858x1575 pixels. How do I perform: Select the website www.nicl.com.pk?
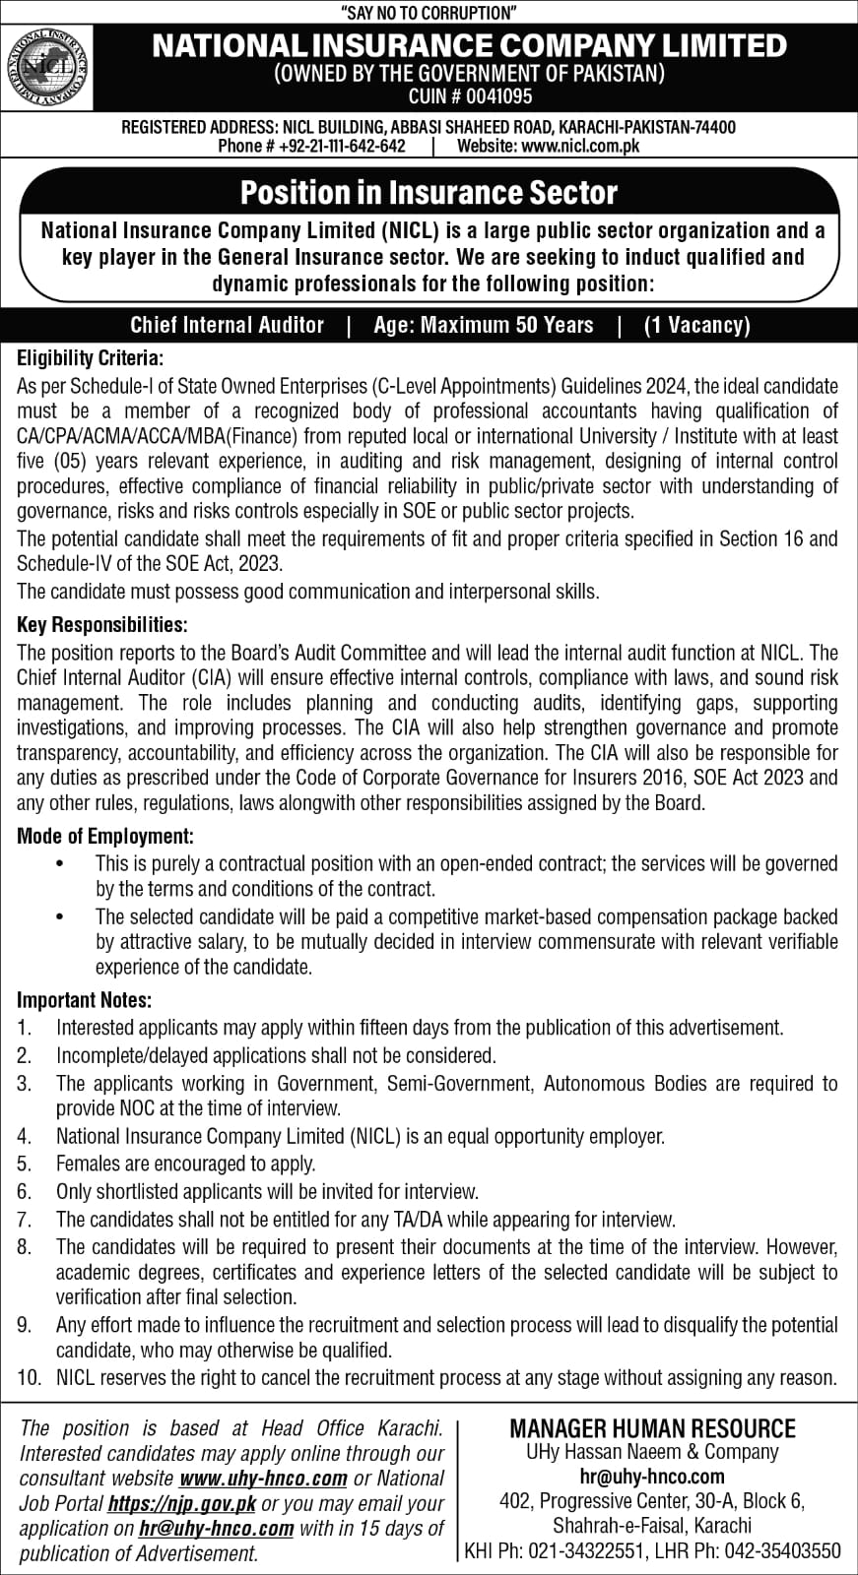[x=580, y=146]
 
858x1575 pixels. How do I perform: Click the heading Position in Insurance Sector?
[x=429, y=192]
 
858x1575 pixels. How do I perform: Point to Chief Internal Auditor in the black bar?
[x=227, y=325]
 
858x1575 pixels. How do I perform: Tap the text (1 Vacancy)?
[x=696, y=325]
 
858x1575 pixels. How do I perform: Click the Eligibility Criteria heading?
[x=91, y=358]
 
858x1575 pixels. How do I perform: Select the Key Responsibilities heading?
[x=101, y=625]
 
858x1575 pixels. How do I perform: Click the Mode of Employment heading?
[x=105, y=837]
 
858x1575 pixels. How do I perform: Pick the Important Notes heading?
[x=85, y=1001]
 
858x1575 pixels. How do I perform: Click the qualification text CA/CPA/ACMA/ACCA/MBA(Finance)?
[x=164, y=436]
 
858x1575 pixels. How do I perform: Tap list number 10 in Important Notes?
[x=29, y=1377]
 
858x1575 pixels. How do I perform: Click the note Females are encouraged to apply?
[x=185, y=1164]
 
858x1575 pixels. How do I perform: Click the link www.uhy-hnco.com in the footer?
[x=264, y=1479]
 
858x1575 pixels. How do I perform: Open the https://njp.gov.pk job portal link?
[x=181, y=1503]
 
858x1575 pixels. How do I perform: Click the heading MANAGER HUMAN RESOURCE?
[x=652, y=1428]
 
